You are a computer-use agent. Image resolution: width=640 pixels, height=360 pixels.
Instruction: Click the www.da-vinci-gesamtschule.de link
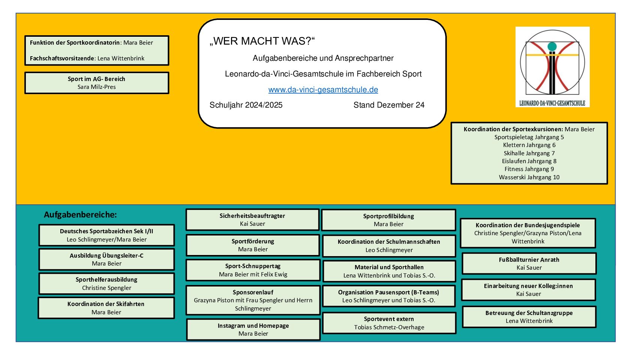323,90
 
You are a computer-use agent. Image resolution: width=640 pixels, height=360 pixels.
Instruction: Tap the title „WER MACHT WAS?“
262,41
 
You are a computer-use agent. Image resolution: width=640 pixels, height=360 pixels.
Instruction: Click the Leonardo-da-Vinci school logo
552,67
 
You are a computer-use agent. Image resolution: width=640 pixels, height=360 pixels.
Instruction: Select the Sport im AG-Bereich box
97,83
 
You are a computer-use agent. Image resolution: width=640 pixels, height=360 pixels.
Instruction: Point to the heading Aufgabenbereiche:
80,214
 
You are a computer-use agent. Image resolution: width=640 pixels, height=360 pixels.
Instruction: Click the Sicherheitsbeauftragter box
252,220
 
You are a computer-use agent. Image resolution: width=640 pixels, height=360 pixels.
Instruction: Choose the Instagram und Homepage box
253,330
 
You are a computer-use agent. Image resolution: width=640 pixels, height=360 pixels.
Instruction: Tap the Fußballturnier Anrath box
529,264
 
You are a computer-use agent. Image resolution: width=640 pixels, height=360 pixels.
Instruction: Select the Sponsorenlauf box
253,300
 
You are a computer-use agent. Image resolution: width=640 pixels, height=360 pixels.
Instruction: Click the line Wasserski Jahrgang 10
529,177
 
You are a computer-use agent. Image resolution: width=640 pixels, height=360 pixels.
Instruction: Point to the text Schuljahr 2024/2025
246,105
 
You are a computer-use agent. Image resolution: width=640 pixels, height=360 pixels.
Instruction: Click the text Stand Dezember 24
389,105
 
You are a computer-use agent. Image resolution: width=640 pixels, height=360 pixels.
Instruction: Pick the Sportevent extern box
389,323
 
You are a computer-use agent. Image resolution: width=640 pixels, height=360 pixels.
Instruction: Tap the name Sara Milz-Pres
97,87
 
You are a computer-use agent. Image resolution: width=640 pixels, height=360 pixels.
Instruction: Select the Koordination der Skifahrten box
106,308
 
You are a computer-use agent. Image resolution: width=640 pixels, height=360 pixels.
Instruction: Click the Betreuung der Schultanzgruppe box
529,317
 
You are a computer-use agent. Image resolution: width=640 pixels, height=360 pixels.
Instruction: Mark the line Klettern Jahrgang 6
529,145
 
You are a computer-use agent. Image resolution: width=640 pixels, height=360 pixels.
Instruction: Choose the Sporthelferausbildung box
106,283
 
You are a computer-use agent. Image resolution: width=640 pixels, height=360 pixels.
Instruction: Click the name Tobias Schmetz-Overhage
389,327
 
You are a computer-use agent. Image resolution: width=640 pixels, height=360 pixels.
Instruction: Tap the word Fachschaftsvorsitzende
62,58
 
